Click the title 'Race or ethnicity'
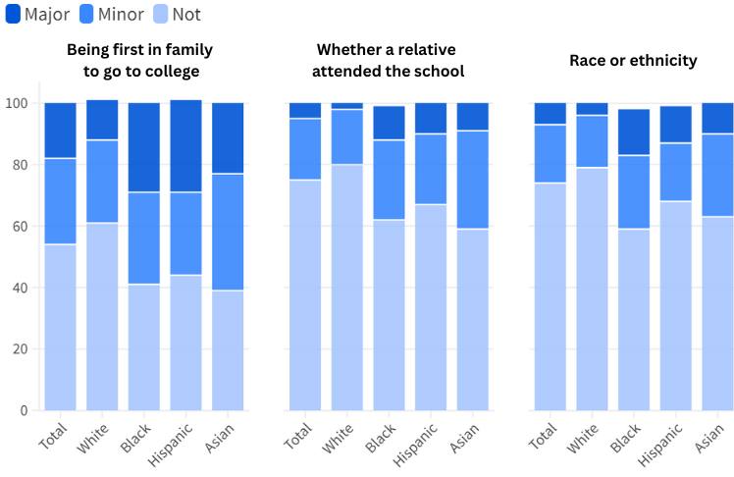click(633, 61)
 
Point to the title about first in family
click(139, 60)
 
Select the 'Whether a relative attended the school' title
click(388, 60)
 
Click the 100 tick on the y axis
click(17, 103)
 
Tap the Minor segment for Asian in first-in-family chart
click(228, 232)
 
